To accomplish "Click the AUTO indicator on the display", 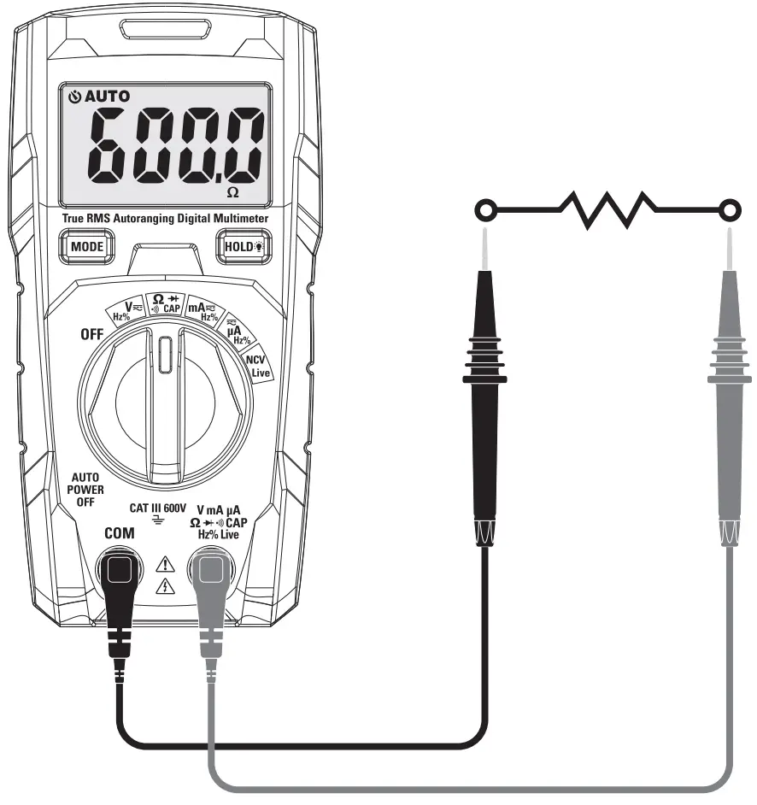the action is coord(99,97).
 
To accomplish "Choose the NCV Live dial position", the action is coord(257,366).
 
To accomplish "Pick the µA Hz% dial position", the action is coord(237,333).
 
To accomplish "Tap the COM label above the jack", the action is coord(119,533).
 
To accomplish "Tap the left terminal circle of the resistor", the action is coord(485,209).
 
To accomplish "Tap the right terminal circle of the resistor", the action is coord(729,209).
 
